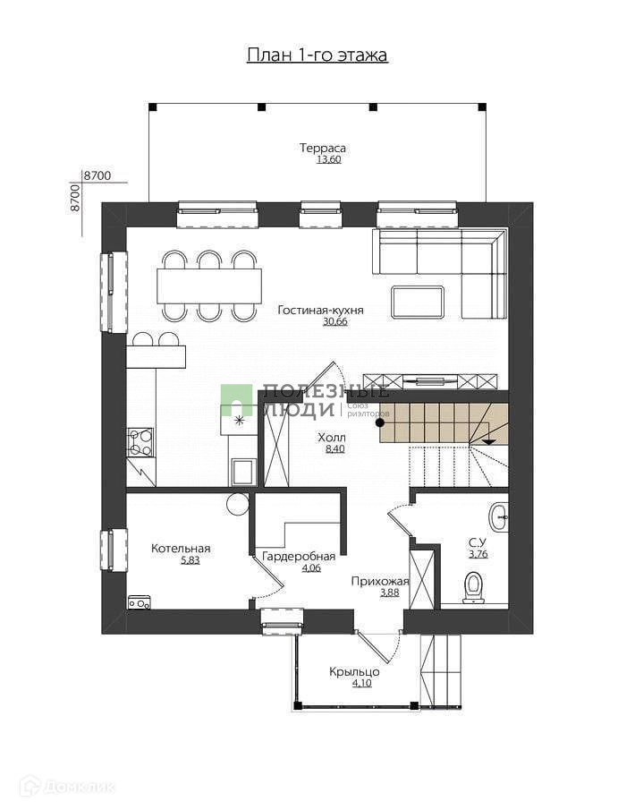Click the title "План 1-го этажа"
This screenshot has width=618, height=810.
(317, 55)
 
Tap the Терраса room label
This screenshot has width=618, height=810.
(323, 148)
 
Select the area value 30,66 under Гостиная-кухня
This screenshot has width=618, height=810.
(334, 321)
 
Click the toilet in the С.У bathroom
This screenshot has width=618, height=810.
(473, 587)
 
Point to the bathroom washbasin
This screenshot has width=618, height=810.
(499, 516)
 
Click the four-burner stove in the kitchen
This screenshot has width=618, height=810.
(140, 442)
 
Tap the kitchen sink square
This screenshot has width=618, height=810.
(241, 471)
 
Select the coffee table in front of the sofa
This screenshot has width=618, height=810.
(417, 303)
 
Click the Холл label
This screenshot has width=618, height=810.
(332, 438)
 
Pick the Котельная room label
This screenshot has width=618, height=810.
(181, 548)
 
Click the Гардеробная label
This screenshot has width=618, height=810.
(299, 557)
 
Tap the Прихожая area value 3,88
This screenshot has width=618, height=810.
(390, 593)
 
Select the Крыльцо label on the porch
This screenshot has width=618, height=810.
(355, 671)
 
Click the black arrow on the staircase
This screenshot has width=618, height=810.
(488, 441)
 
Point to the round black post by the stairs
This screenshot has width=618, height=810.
(380, 422)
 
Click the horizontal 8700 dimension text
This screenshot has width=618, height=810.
(97, 176)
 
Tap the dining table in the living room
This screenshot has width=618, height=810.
(209, 286)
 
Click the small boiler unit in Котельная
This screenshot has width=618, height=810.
(139, 602)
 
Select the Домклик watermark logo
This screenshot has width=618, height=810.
(66, 788)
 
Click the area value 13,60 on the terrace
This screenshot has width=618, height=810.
(329, 159)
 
